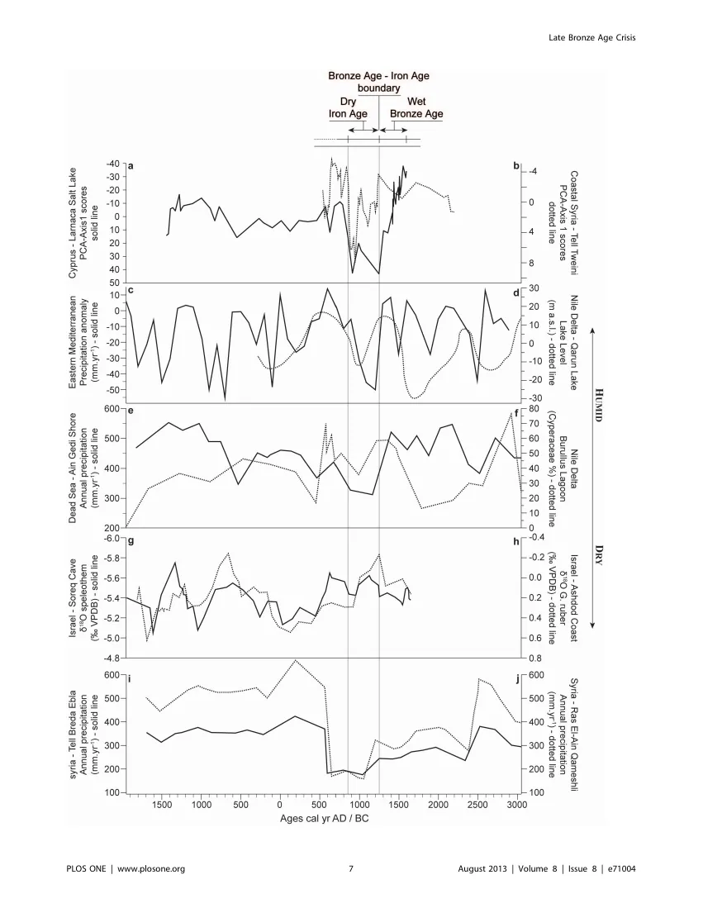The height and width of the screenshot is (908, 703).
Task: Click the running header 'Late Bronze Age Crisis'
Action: [591, 38]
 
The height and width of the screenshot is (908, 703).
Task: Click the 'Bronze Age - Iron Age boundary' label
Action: [378, 82]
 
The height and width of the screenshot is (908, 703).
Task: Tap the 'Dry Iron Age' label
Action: [348, 107]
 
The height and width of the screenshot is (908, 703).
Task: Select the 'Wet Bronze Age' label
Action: [416, 107]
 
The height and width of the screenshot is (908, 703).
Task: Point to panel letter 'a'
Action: [131, 166]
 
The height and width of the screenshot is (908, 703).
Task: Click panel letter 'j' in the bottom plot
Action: [518, 678]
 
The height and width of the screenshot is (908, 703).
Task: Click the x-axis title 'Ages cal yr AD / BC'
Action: [325, 819]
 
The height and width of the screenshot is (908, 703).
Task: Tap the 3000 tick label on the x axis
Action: [518, 805]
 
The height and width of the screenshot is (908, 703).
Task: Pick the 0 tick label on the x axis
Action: [280, 805]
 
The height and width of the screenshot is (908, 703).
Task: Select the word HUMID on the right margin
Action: [600, 405]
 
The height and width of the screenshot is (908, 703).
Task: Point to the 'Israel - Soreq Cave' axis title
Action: [73, 599]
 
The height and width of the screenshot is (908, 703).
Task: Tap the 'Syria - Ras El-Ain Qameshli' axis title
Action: [574, 734]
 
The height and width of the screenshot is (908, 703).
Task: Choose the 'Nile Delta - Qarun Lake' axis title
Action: [574, 343]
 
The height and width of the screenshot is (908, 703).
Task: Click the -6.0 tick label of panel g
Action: [112, 538]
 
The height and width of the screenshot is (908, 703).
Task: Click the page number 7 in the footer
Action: [351, 868]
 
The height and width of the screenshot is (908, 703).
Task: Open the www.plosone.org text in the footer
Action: [151, 868]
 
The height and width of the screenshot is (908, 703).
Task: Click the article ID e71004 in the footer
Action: [621, 868]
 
